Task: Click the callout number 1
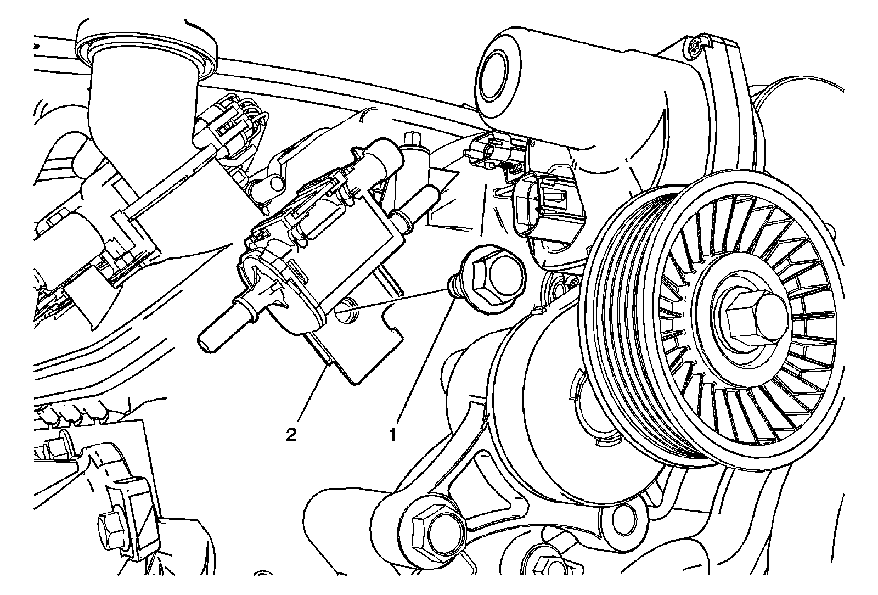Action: (393, 435)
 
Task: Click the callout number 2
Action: (291, 435)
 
